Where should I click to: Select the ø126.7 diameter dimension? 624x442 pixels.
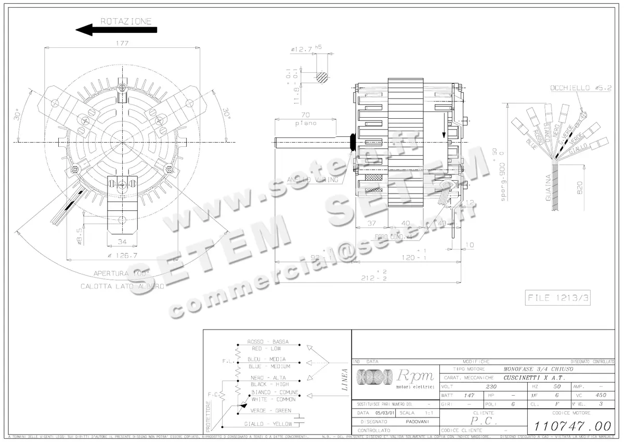pyautogui.click(x=122, y=255)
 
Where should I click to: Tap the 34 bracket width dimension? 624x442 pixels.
pyautogui.click(x=122, y=241)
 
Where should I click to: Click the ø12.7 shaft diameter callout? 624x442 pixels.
pyautogui.click(x=302, y=49)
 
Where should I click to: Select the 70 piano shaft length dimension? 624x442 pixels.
pyautogui.click(x=305, y=115)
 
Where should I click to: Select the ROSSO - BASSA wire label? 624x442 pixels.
pyautogui.click(x=268, y=342)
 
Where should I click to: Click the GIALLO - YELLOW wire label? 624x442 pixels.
pyautogui.click(x=268, y=424)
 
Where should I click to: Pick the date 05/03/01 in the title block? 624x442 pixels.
pyautogui.click(x=382, y=412)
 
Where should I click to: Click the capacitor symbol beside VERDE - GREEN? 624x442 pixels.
pyautogui.click(x=298, y=418)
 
